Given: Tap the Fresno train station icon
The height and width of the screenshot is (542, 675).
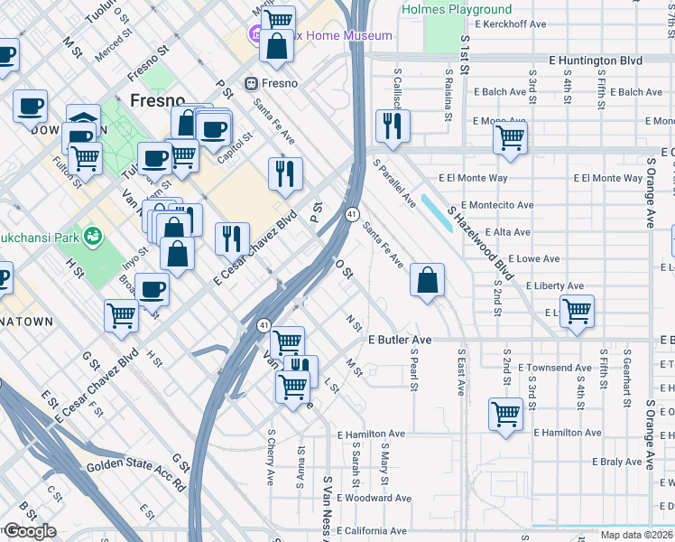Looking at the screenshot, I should [253, 84].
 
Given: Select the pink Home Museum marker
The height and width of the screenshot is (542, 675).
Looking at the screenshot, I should [256, 37].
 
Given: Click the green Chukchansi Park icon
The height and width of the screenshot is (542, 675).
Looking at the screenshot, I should [90, 237].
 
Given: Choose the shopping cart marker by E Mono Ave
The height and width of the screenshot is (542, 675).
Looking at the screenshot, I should [510, 139].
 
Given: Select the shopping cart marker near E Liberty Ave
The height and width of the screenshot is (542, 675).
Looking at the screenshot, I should [577, 312].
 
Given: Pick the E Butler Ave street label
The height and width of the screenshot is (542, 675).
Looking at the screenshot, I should [400, 340].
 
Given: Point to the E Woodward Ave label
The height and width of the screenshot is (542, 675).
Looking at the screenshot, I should [374, 498].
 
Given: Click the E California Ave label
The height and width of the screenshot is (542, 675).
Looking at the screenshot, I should [372, 530].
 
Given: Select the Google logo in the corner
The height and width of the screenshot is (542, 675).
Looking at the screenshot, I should [29, 531].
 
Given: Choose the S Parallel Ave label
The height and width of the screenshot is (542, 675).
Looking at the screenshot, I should [394, 184].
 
